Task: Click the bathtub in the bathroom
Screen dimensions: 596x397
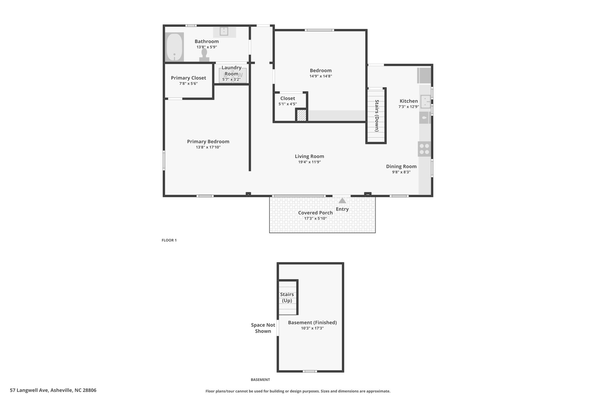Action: click(174, 47)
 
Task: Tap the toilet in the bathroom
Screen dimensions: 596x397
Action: click(204, 55)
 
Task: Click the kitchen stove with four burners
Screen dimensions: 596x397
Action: click(424, 149)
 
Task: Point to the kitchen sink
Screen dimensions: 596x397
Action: click(425, 102)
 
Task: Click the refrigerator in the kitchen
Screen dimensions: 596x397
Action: click(424, 76)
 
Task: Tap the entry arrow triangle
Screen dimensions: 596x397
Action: click(342, 200)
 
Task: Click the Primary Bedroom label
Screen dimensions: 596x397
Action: click(208, 142)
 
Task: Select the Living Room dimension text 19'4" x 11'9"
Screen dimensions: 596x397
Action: click(309, 162)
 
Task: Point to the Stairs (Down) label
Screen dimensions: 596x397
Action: click(377, 115)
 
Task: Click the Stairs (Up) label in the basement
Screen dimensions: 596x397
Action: click(287, 298)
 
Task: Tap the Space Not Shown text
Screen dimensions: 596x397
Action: click(263, 328)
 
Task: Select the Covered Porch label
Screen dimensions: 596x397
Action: click(315, 213)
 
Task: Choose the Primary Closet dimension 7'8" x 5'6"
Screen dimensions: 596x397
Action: click(188, 83)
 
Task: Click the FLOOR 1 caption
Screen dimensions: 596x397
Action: click(169, 240)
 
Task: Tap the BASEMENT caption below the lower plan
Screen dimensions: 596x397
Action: click(260, 380)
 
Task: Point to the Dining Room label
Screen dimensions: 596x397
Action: click(401, 166)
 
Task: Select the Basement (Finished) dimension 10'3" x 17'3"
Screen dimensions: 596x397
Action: click(312, 328)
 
